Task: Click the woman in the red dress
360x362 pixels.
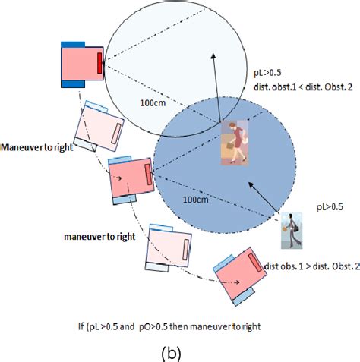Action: pos(232,143)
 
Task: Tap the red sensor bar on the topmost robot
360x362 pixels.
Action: pos(100,64)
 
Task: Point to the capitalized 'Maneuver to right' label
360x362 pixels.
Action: pos(37,147)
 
